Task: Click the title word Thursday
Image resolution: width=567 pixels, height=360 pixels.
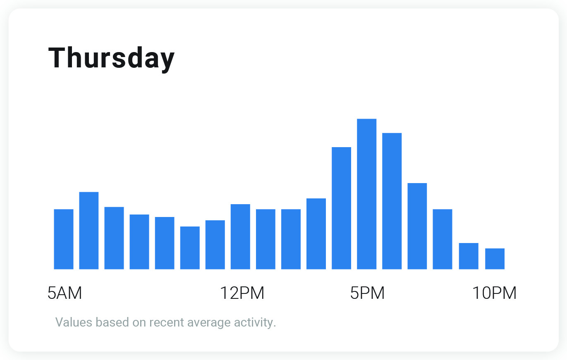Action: (x=112, y=58)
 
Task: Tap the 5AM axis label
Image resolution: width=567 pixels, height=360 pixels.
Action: (x=65, y=293)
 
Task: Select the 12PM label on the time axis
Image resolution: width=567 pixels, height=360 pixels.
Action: (x=242, y=293)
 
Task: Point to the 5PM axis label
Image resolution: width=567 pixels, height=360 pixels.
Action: (x=367, y=293)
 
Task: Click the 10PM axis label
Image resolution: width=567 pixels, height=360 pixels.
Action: (x=494, y=293)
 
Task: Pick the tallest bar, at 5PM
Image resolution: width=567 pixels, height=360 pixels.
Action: (x=366, y=194)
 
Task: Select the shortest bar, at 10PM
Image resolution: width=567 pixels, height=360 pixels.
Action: (x=495, y=259)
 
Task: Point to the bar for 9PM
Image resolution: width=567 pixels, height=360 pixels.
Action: (x=469, y=256)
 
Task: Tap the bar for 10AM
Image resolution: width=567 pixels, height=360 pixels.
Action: (x=190, y=248)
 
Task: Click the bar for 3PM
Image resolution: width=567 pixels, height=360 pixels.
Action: (x=316, y=234)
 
